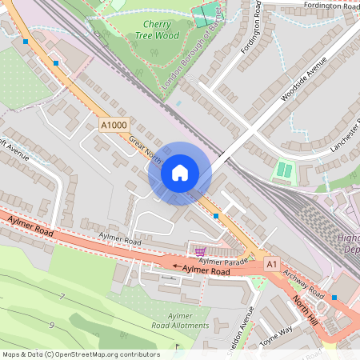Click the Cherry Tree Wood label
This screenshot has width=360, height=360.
pos(156,30)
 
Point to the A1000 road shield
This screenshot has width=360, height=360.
pos(114,124)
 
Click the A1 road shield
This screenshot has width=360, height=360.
pos(271,263)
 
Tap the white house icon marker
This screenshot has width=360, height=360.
pos(180,173)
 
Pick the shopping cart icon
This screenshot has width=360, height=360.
pos(199,250)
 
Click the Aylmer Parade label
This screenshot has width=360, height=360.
pos(220,261)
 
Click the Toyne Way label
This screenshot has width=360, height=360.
pos(277,334)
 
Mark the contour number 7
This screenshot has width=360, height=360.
pos(62,297)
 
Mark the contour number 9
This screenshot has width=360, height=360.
pos(51,325)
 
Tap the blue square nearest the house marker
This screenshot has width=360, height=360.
pos(216,215)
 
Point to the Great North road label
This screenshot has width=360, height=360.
pos(146,151)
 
